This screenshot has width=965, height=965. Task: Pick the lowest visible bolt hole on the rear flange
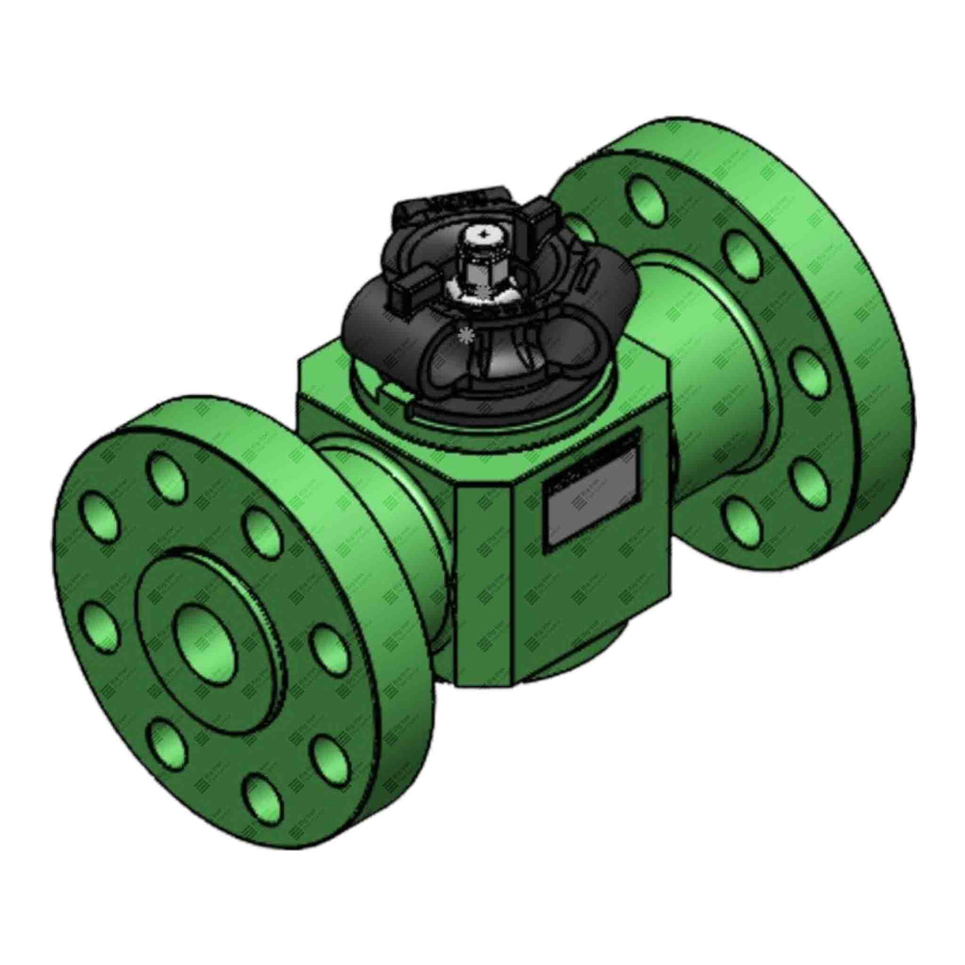[741, 517]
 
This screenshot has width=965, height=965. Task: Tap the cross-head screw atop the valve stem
[483, 236]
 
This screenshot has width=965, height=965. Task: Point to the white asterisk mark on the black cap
[462, 333]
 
